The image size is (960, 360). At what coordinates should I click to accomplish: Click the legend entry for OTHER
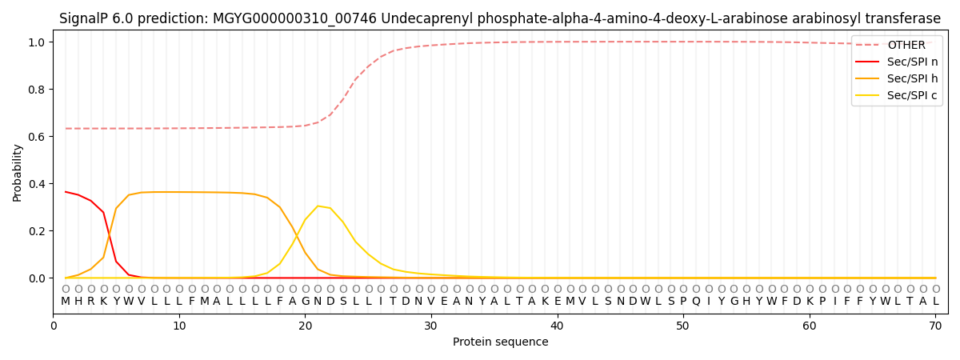pos(906,46)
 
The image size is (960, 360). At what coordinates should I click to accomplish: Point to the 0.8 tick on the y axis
pos(38,90)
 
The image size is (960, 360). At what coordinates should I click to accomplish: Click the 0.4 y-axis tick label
pos(38,184)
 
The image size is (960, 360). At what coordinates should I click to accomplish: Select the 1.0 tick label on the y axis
pos(38,42)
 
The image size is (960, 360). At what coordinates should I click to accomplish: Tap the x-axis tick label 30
pos(431,326)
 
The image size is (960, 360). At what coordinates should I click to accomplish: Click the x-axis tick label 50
pos(682,326)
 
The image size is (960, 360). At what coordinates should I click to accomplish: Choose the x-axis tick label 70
pos(935,326)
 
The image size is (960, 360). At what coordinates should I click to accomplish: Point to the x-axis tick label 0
pos(54,326)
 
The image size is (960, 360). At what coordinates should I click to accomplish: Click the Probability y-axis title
pos(18,172)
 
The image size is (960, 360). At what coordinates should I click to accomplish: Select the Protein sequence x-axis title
pos(500,342)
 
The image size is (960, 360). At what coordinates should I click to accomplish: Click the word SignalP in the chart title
pos(84,18)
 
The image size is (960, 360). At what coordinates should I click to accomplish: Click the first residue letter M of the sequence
pos(66,302)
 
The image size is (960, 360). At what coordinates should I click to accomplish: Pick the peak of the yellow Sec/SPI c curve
pos(318,206)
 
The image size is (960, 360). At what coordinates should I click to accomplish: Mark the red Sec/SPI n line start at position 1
pos(66,192)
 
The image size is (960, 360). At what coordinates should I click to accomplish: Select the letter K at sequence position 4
pos(103,302)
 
